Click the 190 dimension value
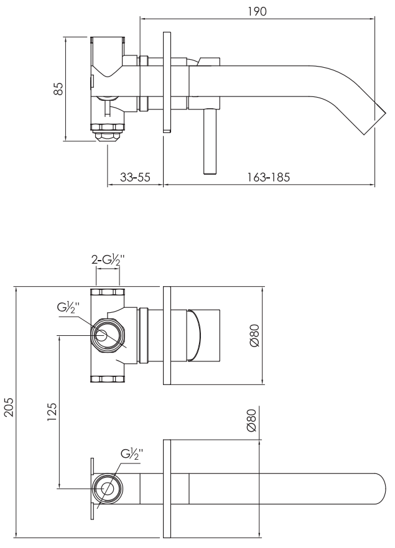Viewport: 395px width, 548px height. click(x=258, y=11)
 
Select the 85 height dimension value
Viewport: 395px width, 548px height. click(x=58, y=88)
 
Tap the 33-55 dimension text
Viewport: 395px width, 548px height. click(x=135, y=177)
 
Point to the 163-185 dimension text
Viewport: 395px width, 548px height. click(x=269, y=177)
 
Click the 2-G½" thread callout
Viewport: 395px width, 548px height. click(x=108, y=260)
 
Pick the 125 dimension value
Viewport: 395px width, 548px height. click(x=52, y=412)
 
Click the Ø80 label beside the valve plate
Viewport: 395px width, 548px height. click(x=254, y=335)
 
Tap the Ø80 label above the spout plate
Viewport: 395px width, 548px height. click(x=252, y=420)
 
